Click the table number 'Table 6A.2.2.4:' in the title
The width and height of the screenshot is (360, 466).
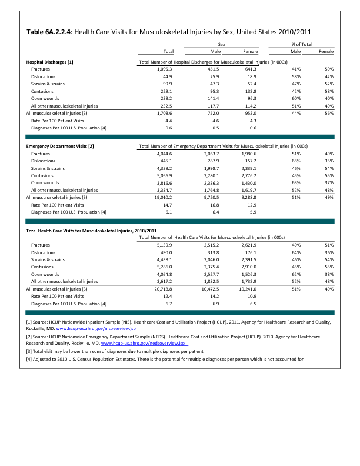point(49,32)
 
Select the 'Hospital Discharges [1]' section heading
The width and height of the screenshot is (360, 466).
point(50,62)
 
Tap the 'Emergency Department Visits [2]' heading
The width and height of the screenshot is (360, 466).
point(60,145)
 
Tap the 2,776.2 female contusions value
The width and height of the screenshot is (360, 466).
point(249,175)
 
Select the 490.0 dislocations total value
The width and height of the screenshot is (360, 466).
point(165,252)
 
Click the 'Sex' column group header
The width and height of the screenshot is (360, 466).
point(222,44)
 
